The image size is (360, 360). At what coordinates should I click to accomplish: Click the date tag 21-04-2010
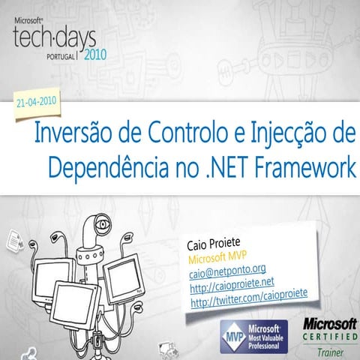(38, 102)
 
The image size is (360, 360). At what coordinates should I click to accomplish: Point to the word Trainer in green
(329, 351)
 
